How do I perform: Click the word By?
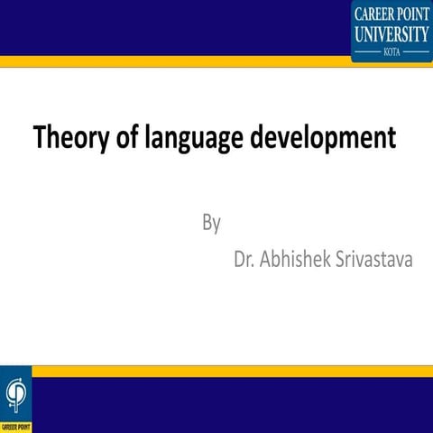click(211, 222)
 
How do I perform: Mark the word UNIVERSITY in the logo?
click(392, 34)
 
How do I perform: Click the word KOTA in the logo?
click(392, 53)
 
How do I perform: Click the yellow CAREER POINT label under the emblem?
click(15, 426)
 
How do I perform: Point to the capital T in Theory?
click(41, 138)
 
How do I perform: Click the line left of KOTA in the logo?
click(368, 53)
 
